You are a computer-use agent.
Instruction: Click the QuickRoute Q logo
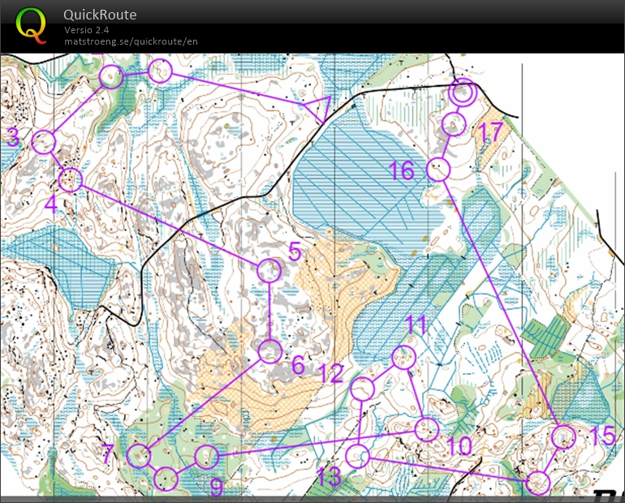click(x=31, y=24)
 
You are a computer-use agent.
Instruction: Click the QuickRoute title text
click(x=101, y=15)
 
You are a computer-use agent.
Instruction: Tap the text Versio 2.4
click(x=87, y=30)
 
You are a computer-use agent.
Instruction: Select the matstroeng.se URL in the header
click(x=131, y=41)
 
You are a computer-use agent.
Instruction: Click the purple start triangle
click(x=321, y=109)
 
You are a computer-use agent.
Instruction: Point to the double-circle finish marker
click(x=462, y=92)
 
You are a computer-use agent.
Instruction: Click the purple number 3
click(x=13, y=138)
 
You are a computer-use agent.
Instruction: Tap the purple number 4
click(x=51, y=203)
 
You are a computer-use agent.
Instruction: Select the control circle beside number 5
click(x=269, y=270)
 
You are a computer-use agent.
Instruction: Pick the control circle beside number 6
click(x=270, y=352)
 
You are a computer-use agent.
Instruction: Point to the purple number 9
click(x=217, y=487)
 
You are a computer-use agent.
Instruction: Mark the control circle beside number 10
click(x=427, y=429)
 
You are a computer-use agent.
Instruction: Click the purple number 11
click(x=416, y=325)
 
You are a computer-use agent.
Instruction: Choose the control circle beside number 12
click(x=364, y=389)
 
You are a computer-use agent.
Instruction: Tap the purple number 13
click(x=328, y=476)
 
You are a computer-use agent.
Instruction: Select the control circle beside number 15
click(x=562, y=437)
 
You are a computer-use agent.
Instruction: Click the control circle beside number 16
click(x=438, y=169)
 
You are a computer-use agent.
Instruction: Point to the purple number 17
click(x=491, y=131)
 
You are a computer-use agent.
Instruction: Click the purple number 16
click(x=401, y=170)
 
